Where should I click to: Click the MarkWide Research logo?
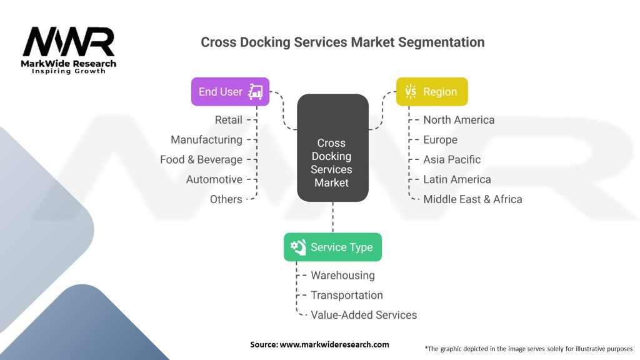click(x=69, y=50)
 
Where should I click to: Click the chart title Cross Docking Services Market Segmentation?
click(x=342, y=42)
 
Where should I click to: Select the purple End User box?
click(x=230, y=92)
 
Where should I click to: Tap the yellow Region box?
click(x=432, y=92)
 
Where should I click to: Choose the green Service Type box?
click(x=332, y=247)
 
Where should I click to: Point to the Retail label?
click(x=228, y=119)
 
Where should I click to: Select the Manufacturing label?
click(x=206, y=139)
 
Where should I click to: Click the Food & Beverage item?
click(x=201, y=159)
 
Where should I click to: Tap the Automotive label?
click(x=214, y=179)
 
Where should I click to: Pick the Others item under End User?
click(x=226, y=199)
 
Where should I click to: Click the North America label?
click(x=459, y=119)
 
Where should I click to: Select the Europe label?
click(x=440, y=139)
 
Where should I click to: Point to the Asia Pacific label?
click(x=452, y=159)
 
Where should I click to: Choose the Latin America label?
click(x=457, y=179)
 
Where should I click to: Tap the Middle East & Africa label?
click(x=472, y=199)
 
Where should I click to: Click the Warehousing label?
click(x=342, y=275)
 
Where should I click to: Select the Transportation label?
click(x=347, y=295)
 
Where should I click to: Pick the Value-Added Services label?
click(x=364, y=315)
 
